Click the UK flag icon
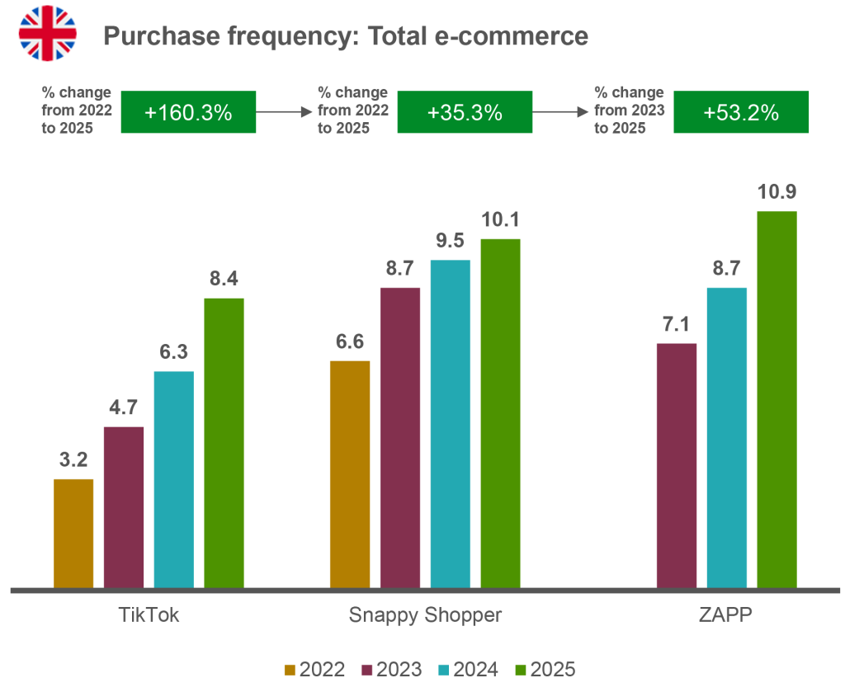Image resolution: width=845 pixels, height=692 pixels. click(47, 34)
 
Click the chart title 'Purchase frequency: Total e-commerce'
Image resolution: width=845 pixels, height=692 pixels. click(345, 36)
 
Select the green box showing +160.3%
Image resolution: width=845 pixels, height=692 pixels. click(189, 113)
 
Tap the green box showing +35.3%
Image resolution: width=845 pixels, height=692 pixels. click(465, 113)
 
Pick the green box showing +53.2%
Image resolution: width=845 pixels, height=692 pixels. click(741, 113)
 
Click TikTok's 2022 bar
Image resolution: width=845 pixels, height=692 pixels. click(74, 533)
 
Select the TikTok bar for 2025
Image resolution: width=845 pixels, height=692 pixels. click(224, 443)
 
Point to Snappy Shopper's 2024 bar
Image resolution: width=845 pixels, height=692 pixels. click(451, 424)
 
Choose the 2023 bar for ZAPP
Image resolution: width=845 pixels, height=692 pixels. click(676, 465)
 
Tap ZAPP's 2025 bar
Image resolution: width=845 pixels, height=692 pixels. click(777, 399)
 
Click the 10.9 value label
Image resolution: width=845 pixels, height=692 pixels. click(777, 192)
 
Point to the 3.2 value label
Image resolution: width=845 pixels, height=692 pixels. click(74, 460)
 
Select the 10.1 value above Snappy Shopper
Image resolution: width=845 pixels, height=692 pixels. click(501, 221)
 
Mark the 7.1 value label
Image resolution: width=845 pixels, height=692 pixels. click(676, 325)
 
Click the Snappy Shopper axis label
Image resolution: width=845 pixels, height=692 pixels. click(425, 615)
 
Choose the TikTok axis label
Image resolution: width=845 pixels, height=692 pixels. click(149, 615)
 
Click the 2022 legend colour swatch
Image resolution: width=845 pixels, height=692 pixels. click(289, 669)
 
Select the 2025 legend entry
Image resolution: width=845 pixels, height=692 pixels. click(544, 669)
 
